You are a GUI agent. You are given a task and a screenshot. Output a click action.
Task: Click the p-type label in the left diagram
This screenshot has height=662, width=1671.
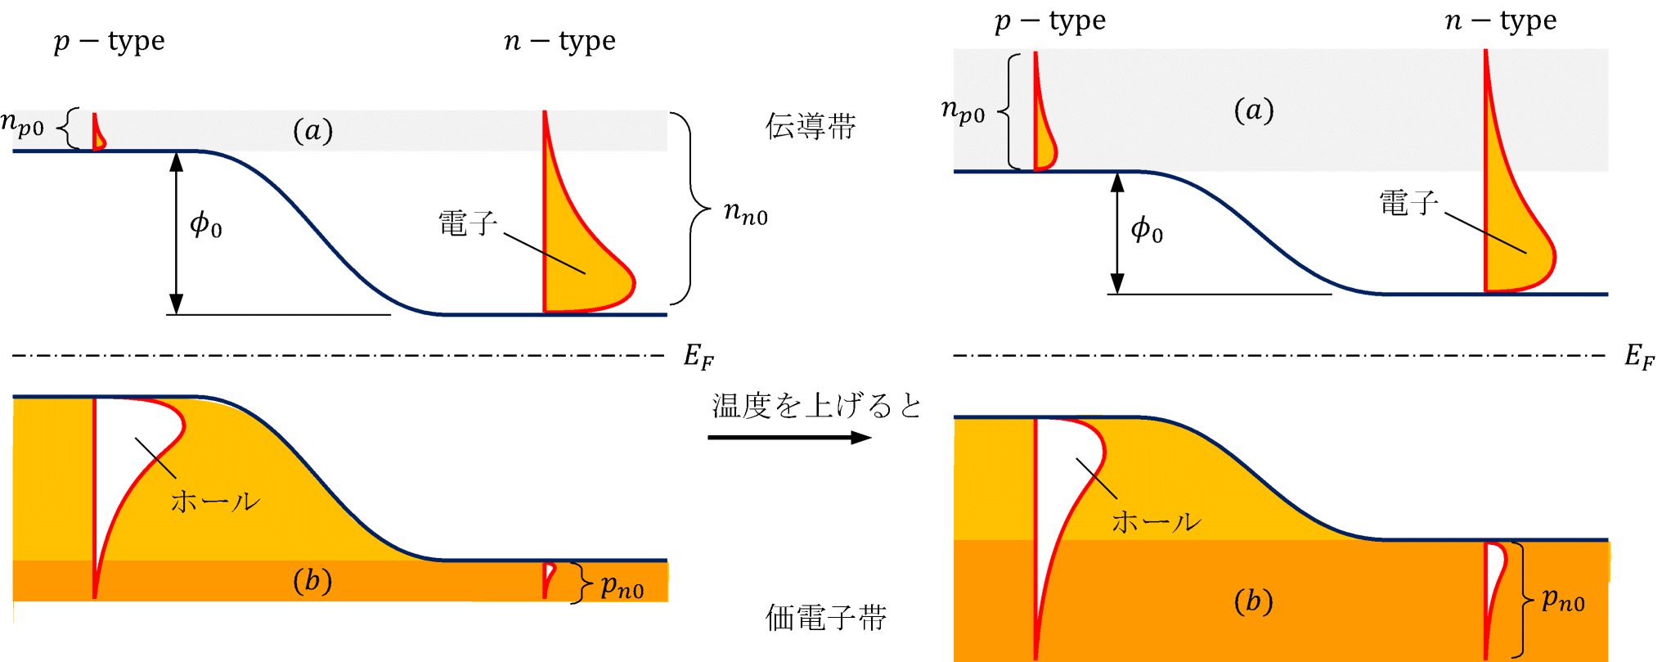point(110,41)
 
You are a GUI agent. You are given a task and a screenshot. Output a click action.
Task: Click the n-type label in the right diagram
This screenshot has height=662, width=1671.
point(1500,20)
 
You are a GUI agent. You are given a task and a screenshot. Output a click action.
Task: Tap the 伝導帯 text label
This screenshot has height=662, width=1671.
point(810,127)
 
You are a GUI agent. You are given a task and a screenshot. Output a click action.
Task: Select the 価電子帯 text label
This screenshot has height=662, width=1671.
point(825,618)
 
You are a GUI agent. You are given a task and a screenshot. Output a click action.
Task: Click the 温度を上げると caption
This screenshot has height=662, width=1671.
point(816,406)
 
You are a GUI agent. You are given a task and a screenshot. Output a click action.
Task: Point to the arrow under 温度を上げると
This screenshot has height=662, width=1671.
point(789,438)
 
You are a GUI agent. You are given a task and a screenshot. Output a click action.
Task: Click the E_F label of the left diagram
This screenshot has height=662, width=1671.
point(698,356)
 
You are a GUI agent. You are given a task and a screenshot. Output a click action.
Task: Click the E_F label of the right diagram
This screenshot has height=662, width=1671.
point(1639,356)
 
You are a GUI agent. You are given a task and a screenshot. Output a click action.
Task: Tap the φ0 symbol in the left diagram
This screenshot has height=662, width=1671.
point(205,224)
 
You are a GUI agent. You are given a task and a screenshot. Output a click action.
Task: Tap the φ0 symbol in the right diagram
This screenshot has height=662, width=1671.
point(1146,230)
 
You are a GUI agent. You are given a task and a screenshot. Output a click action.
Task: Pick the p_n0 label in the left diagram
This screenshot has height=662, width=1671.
point(622,586)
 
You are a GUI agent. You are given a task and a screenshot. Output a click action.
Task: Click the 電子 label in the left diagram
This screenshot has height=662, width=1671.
point(467,223)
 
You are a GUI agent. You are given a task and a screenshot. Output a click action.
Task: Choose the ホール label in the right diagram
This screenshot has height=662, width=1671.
point(1156,522)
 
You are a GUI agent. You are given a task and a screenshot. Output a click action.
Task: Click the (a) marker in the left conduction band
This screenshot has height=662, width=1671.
point(312,130)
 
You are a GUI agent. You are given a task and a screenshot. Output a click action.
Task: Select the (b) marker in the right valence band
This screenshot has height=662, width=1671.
point(1253,601)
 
